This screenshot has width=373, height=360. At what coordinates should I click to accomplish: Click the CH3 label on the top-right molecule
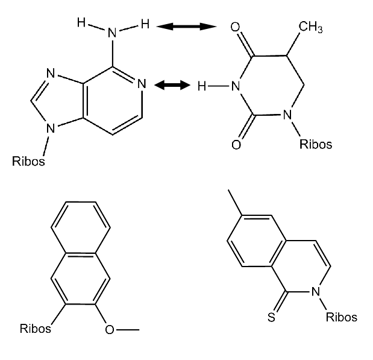pos(310,27)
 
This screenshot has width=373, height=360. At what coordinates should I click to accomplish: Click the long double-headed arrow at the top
pos(187,27)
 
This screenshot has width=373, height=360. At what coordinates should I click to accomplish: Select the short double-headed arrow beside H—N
pos(172,85)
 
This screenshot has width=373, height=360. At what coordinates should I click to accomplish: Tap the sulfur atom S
pos(271,317)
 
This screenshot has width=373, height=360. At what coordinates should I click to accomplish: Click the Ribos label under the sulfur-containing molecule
pos(341,317)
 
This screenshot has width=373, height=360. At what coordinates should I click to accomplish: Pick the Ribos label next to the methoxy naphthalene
pos(35,329)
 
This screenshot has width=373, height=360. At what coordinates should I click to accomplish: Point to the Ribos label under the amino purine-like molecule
pos(28,161)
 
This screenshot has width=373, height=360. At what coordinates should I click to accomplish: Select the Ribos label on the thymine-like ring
pos(316,144)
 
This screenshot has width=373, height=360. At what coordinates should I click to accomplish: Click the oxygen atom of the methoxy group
pos(110,330)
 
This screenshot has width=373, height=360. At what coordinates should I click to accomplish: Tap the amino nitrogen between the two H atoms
pos(112,33)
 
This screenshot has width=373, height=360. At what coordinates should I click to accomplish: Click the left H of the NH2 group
pos(81,23)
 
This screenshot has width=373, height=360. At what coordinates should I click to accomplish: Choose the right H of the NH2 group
pos(145,24)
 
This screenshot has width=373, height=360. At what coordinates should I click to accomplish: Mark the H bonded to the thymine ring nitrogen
pos(202,86)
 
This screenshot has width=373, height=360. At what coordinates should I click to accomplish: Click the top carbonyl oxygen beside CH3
pos(235,27)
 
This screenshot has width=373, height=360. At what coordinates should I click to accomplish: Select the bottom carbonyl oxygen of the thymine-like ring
pos(236,145)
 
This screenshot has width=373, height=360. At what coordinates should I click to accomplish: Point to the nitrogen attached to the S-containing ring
pos(315,291)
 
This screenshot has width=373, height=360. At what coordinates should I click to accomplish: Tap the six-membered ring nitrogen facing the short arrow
pos(142,84)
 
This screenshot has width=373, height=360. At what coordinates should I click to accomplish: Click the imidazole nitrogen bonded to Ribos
pos(51,128)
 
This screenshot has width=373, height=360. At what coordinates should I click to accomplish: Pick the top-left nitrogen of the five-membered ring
pos(51,73)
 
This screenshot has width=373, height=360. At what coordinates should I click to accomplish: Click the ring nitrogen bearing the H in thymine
pos(236,86)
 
